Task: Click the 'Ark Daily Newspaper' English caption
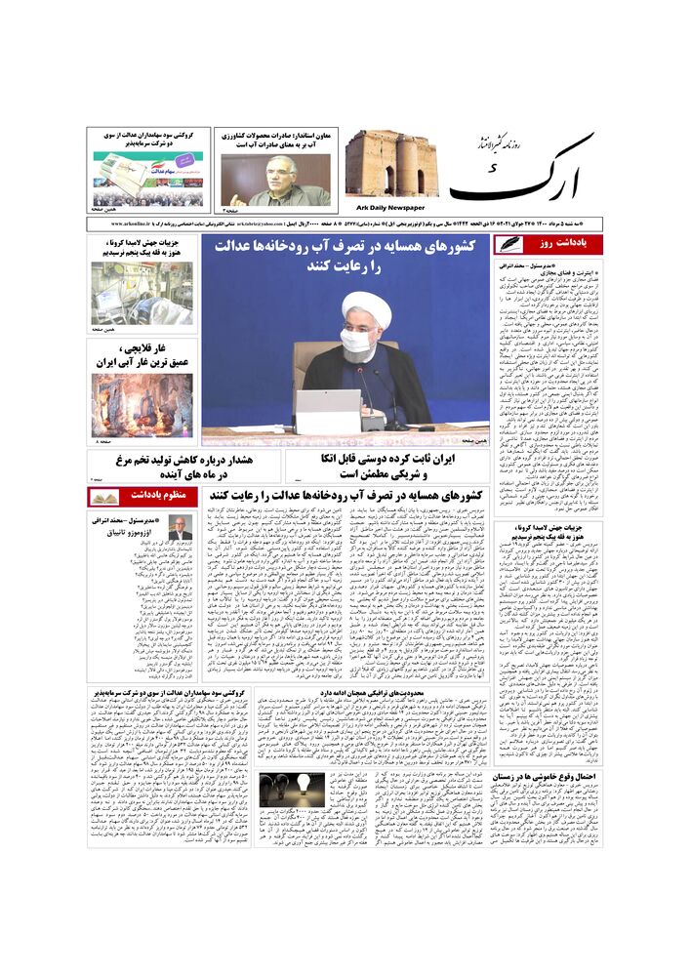pyautogui.click(x=386, y=207)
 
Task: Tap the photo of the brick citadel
pyautogui.click(x=390, y=163)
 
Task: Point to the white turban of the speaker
pyautogui.click(x=368, y=309)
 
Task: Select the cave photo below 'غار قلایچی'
pyautogui.click(x=142, y=404)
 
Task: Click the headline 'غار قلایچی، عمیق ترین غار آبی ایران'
pyautogui.click(x=142, y=355)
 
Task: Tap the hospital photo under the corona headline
pyautogui.click(x=142, y=293)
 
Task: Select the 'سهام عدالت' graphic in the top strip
pyautogui.click(x=145, y=176)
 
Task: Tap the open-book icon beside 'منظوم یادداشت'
pyautogui.click(x=104, y=497)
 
